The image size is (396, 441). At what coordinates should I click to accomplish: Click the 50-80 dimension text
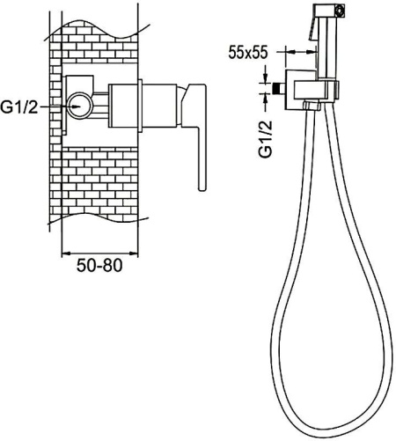99,266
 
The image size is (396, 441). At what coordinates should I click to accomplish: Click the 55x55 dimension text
248,53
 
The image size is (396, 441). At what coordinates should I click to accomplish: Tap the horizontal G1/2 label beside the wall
19,107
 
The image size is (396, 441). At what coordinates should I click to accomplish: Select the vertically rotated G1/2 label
266,139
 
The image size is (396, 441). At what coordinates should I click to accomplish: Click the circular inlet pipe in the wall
79,106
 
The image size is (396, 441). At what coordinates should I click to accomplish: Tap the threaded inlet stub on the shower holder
279,89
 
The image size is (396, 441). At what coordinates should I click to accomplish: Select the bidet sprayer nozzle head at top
330,11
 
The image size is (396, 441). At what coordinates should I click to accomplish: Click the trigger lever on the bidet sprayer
312,29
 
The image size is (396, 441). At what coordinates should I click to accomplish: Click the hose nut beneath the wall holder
312,106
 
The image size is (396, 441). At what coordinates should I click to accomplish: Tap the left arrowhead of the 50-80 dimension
67,253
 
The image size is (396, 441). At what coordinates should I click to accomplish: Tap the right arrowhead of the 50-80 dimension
133,253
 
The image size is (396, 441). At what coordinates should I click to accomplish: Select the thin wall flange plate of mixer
140,106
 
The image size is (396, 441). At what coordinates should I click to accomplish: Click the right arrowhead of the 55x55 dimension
311,52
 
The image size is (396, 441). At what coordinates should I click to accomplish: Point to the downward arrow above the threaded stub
266,74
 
